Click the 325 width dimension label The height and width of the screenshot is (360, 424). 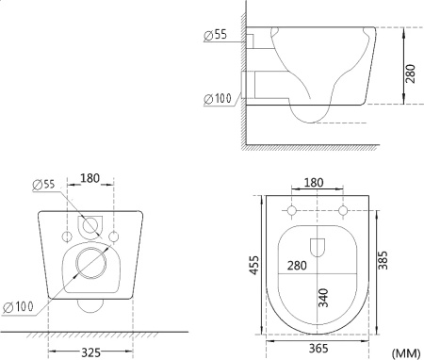coord(90,352)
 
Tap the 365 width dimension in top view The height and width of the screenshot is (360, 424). coord(318,348)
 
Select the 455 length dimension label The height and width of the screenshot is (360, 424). coord(254,266)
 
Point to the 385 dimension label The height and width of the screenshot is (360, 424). coord(383,260)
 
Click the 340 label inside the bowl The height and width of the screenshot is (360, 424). coord(323,298)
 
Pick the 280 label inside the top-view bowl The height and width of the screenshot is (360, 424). coord(297,266)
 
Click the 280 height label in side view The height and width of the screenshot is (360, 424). coord(410,74)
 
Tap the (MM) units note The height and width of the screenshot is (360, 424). coord(405,352)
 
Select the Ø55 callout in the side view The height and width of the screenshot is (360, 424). coord(215,35)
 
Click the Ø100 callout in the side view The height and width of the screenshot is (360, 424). coord(218,99)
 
